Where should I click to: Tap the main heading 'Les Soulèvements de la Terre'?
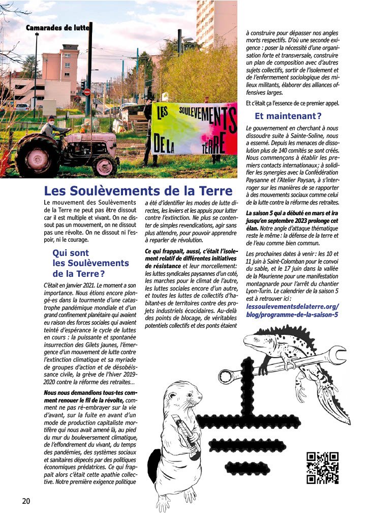click(138, 191)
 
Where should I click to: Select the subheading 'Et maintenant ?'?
click(288, 116)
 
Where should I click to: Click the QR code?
click(322, 467)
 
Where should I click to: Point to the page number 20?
click(26, 501)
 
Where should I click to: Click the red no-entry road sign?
click(87, 92)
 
